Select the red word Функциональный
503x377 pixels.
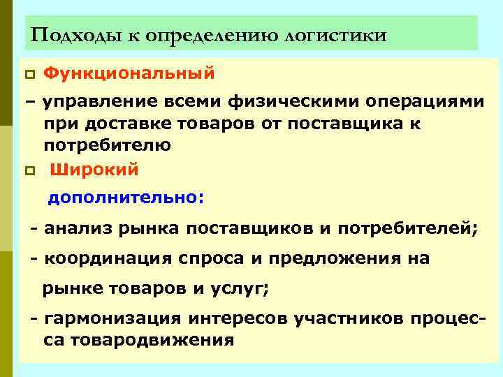click(x=129, y=73)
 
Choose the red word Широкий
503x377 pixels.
click(x=95, y=170)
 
